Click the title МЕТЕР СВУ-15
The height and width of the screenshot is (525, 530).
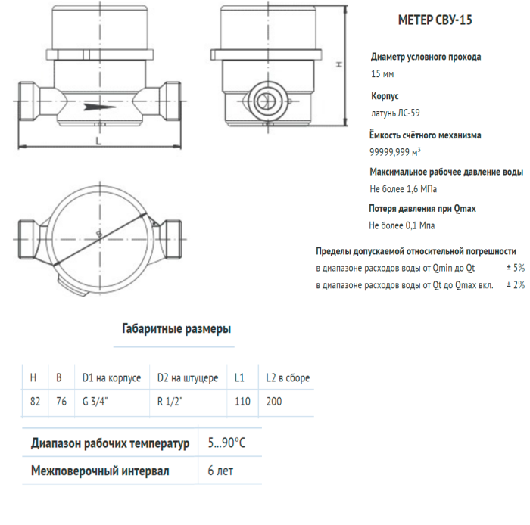[435, 20]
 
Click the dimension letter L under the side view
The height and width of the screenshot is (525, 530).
[99, 140]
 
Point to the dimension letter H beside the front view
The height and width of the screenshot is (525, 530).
[340, 65]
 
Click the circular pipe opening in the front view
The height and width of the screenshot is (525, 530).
[267, 100]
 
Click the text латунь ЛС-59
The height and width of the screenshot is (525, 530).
[394, 113]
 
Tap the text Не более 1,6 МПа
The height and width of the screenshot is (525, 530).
[403, 188]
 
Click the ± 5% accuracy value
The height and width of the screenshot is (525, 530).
[514, 268]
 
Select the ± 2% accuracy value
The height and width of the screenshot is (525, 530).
[514, 285]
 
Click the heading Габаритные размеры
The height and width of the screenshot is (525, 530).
[176, 329]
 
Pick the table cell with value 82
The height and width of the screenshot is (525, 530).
[35, 401]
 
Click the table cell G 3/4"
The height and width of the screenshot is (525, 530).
[95, 401]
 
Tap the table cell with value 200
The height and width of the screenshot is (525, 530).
[274, 401]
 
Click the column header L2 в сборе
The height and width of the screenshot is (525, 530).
[288, 377]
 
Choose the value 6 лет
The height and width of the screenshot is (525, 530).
[220, 471]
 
